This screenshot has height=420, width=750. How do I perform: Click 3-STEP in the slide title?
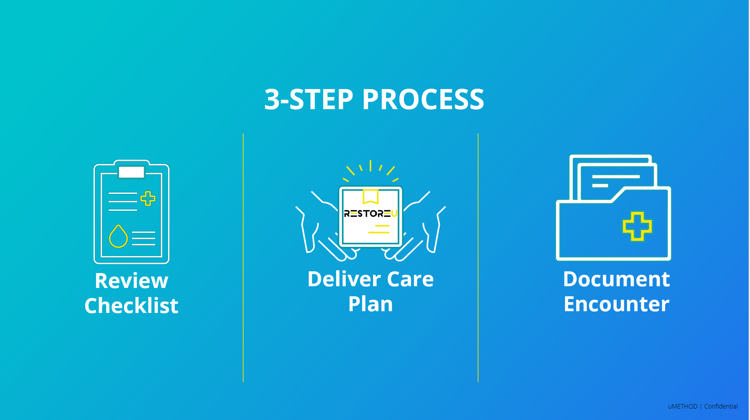[309, 99]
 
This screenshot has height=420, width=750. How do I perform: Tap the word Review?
[132, 281]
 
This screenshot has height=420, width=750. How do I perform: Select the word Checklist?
[132, 306]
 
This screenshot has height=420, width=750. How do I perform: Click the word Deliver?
[344, 279]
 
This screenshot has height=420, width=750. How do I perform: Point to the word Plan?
[371, 304]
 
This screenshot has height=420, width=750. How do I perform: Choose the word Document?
[617, 279]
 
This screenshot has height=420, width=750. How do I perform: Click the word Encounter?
[617, 304]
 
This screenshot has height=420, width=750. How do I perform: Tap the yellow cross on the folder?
[637, 227]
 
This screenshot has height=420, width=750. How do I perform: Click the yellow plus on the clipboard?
[148, 199]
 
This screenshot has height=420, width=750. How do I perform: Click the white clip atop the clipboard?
[132, 172]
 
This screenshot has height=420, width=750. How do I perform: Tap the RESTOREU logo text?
[370, 213]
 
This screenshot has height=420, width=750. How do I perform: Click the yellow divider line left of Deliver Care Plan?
[243, 258]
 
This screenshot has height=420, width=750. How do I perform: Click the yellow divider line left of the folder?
[478, 258]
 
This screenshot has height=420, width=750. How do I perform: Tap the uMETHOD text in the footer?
[683, 406]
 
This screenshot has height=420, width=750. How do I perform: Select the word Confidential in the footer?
[721, 406]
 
